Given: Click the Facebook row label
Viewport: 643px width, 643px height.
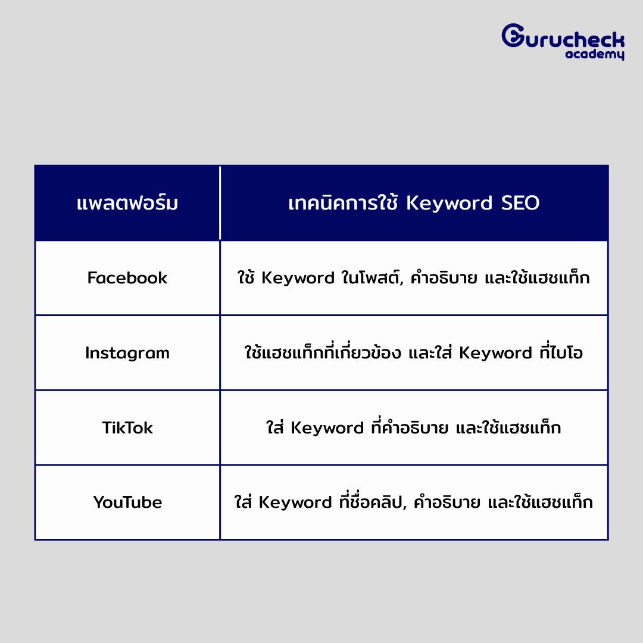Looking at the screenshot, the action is tap(127, 277).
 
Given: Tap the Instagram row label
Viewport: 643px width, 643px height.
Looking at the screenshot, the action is tap(127, 353).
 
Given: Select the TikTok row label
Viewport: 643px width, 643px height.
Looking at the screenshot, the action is tap(127, 427).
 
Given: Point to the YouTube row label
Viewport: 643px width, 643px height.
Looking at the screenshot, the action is tap(127, 502).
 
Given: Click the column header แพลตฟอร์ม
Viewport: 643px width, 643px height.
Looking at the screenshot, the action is tap(127, 202).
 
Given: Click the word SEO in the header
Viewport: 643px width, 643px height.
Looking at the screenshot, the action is tap(520, 202).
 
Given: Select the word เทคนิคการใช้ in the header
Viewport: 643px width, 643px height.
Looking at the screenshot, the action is tap(343, 202).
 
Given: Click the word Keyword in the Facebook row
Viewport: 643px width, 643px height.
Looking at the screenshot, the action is tap(298, 279).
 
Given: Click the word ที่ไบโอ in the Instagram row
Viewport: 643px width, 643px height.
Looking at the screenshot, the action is tap(561, 351).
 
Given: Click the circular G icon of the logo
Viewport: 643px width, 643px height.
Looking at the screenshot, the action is tap(513, 35).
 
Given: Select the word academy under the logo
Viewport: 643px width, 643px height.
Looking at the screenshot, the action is tap(595, 54).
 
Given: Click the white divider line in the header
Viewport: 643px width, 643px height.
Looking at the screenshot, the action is tap(220, 202).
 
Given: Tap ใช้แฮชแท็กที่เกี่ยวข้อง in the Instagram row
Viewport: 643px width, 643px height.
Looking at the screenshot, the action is tap(322, 351).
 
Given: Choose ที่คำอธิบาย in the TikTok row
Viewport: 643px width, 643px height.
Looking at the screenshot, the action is tap(410, 426).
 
